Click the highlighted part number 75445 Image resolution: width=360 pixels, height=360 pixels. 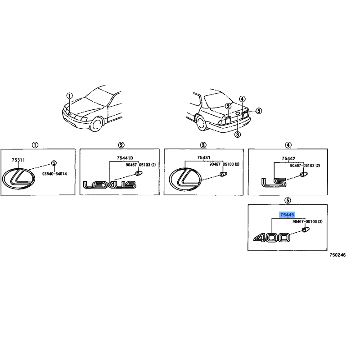[x=287, y=215]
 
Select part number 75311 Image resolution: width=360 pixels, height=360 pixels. [x=18, y=160]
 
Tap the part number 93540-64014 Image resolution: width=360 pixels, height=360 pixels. [x=54, y=174]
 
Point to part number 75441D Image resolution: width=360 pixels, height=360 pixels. [x=125, y=158]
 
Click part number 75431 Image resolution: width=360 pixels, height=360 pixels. [x=204, y=157]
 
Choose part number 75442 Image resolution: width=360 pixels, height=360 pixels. [x=288, y=158]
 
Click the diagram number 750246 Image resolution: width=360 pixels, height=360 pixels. [x=337, y=255]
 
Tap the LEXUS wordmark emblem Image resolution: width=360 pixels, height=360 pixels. [x=109, y=184]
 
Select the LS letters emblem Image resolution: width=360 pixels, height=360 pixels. [x=274, y=183]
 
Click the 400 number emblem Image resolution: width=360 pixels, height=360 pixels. [x=272, y=238]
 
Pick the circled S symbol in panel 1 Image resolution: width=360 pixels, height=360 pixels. [x=54, y=163]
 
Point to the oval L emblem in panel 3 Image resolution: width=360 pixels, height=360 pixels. [x=185, y=179]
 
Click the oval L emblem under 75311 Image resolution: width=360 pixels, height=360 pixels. [x=18, y=179]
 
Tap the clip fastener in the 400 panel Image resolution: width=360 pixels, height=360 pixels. [x=306, y=229]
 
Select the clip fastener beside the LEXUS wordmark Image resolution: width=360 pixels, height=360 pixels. [x=139, y=173]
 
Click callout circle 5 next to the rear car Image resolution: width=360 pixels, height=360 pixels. [x=259, y=111]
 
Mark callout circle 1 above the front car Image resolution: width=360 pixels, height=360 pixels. [x=70, y=95]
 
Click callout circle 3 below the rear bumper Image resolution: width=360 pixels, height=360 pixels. [x=238, y=134]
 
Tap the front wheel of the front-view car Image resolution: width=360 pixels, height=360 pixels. [x=96, y=124]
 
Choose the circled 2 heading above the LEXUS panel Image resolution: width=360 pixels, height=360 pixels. [x=121, y=145]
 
